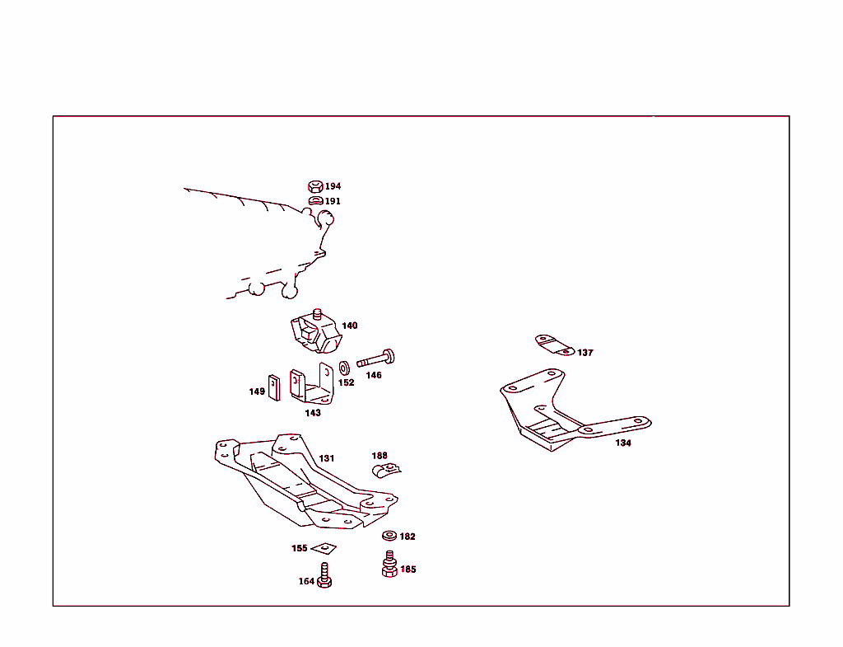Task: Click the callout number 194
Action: coord(333,187)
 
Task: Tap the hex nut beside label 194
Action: coord(314,186)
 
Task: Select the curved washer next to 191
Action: coord(315,200)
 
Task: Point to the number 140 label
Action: coord(350,326)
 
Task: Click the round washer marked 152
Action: coord(344,365)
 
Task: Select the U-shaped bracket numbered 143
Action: coord(311,386)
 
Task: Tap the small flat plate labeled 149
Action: coord(274,386)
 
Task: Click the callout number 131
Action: coord(327,458)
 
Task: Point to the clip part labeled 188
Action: coord(384,471)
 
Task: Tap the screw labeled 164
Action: coord(324,575)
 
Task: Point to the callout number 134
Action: coord(623,443)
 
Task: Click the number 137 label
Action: coord(585,353)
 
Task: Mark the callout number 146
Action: coord(374,375)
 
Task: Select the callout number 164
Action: coord(306,582)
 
